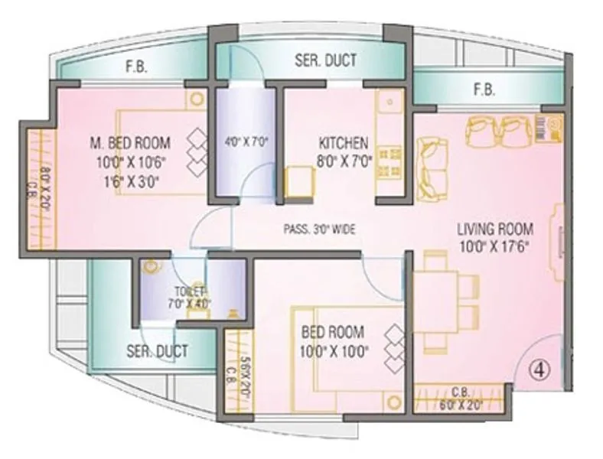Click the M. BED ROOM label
[130, 143]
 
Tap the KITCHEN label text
[344, 143]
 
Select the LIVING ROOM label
[495, 229]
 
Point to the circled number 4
[540, 369]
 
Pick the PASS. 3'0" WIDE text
[319, 229]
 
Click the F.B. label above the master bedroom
[136, 67]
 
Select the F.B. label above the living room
[483, 90]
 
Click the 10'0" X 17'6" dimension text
[494, 246]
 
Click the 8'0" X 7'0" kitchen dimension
[344, 161]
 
